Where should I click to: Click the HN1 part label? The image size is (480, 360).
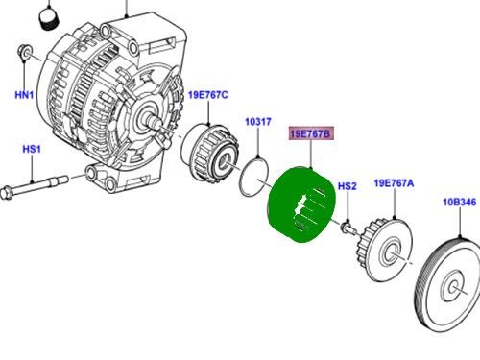[24, 95]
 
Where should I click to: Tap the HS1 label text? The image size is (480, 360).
[32, 149]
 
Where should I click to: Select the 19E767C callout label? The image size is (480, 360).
[208, 95]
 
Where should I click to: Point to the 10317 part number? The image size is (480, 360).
[258, 122]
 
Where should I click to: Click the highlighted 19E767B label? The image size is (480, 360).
[311, 133]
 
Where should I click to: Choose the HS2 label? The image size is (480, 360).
[348, 186]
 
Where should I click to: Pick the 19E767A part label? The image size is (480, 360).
[394, 183]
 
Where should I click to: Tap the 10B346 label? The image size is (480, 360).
[460, 203]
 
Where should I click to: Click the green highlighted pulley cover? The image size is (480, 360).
[300, 204]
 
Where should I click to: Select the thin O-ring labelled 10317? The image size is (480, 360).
[242, 180]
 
